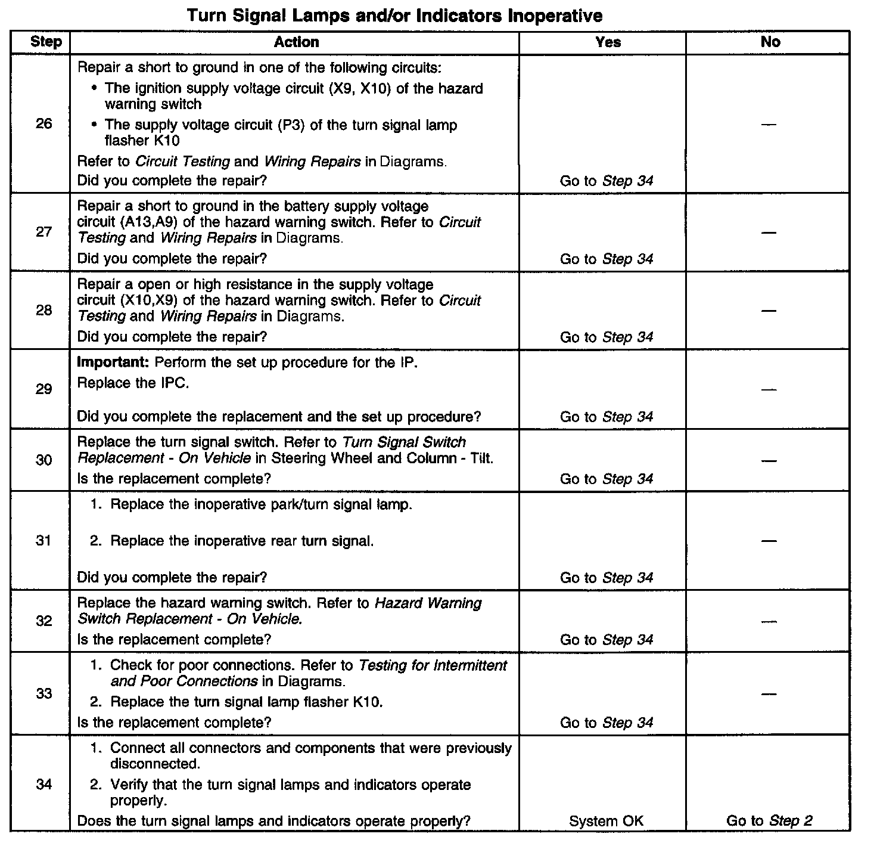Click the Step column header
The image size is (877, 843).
45,42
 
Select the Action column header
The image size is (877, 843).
296,42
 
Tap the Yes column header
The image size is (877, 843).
608,42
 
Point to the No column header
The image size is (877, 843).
770,42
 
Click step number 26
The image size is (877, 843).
43,124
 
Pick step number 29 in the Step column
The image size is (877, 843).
43,389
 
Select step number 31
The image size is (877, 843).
43,541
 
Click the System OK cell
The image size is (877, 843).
607,821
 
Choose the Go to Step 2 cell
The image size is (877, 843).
769,821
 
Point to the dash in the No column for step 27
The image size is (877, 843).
769,232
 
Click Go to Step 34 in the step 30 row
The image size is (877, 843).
607,479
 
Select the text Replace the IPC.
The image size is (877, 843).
133,383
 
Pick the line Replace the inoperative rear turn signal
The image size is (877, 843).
242,541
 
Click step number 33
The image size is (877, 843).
43,693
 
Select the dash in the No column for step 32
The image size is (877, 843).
769,621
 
